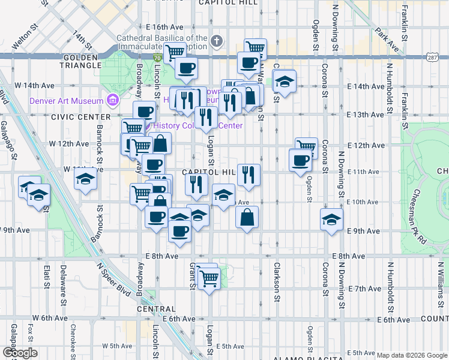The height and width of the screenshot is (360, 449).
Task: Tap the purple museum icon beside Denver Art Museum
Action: click(112, 99)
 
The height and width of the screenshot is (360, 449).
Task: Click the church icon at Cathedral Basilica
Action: click(217, 41)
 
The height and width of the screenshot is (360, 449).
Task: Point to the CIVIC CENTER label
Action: click(81, 116)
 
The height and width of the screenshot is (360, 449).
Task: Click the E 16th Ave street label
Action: click(164, 28)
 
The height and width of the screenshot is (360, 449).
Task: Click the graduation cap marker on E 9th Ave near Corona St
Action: click(331, 220)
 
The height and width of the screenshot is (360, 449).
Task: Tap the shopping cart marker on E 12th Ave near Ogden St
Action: click(306, 146)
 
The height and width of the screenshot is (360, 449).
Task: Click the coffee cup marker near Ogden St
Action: click(300, 160)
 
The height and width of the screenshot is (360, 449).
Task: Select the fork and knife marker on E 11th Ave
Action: click(249, 175)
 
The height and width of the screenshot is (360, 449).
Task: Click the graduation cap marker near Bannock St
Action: click(86, 179)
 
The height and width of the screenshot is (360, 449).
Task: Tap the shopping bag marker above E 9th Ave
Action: click(247, 217)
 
